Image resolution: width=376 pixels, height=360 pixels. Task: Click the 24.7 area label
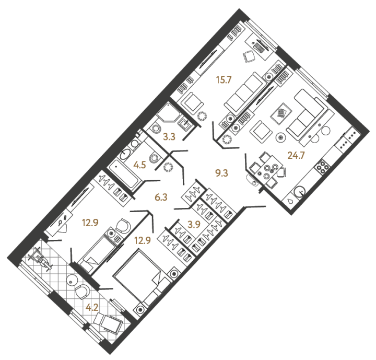296,156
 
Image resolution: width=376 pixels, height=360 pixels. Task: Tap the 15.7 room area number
224,79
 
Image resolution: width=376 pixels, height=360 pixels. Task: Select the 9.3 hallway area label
221,173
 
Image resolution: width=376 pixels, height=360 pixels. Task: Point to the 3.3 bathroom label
169,137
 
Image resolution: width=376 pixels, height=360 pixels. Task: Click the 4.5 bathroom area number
139,165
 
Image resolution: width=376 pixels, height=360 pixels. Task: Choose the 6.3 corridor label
161,198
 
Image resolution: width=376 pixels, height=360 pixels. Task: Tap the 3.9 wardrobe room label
194,224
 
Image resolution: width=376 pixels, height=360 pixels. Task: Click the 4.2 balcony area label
92,307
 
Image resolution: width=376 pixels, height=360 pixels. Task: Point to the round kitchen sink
299,192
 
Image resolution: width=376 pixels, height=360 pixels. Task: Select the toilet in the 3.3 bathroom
156,128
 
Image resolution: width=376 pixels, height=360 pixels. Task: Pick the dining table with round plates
267,170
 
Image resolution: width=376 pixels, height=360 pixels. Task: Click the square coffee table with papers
281,114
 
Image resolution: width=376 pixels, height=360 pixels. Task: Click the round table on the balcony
72,280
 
